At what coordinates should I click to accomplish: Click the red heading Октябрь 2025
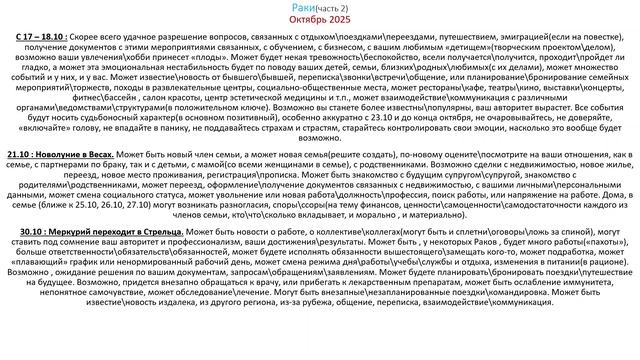click(x=319, y=19)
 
